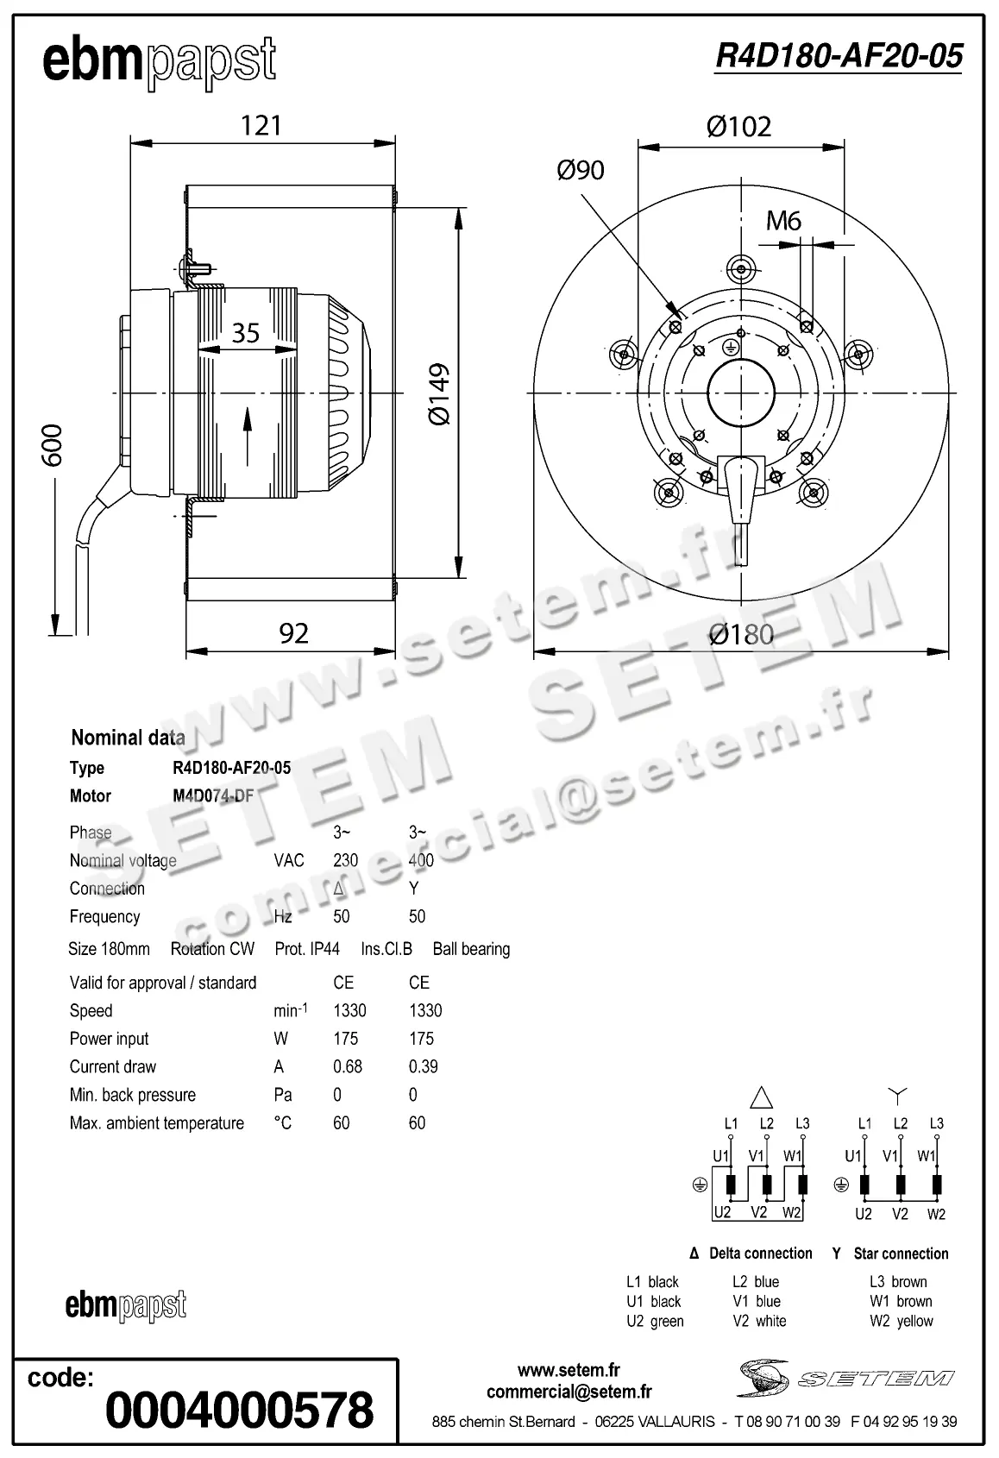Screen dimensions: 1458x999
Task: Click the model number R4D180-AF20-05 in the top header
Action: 839,57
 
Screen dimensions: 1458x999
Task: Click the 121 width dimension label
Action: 261,126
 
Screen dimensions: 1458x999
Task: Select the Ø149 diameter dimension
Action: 440,393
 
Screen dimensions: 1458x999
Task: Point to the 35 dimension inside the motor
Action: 246,332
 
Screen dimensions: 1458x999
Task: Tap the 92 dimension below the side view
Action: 293,633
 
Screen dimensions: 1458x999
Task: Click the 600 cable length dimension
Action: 53,445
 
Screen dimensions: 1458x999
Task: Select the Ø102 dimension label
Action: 738,127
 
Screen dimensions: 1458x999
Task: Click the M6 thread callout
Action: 783,221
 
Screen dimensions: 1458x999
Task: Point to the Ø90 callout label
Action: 581,170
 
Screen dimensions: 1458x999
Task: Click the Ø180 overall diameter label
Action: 741,635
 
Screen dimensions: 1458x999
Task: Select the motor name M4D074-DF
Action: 213,795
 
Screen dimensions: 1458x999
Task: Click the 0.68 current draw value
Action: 348,1066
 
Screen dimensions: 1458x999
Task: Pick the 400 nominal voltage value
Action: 421,860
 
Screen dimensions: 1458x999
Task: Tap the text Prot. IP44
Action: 307,949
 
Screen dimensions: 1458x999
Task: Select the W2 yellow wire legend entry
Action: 902,1321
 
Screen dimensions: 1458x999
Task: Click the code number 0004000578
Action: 239,1410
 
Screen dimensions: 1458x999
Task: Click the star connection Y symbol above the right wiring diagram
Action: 899,1096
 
